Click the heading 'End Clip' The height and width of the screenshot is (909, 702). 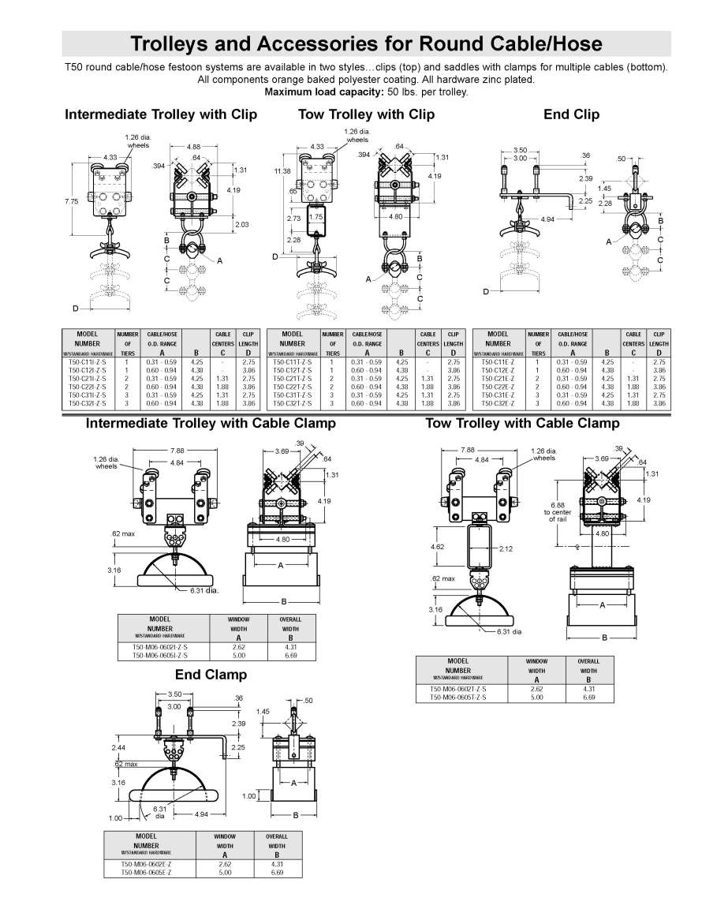point(571,114)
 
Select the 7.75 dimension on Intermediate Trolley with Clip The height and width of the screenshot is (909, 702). point(71,202)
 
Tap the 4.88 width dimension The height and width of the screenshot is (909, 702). point(192,146)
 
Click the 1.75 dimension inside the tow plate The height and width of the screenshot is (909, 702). point(316,217)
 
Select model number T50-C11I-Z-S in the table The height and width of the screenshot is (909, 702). point(87,361)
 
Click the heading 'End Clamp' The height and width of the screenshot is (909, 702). point(211,674)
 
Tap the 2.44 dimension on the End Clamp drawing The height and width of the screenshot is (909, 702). point(119,746)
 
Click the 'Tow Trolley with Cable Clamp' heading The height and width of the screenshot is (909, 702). point(522,424)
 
